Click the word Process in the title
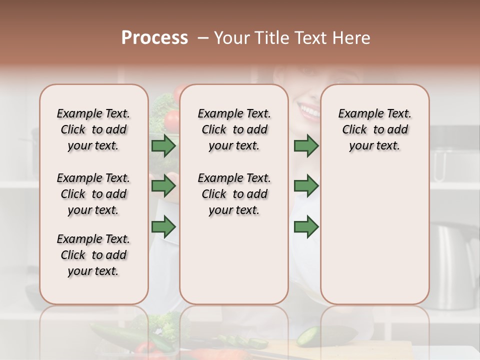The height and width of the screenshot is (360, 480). [x=154, y=38]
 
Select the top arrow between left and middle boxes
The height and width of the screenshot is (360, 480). [x=163, y=146]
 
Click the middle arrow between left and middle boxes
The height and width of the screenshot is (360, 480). [x=163, y=186]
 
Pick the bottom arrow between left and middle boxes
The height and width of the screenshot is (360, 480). [x=163, y=227]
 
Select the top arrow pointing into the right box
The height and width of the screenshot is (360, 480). [x=306, y=146]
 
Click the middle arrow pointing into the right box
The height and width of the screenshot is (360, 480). [x=306, y=186]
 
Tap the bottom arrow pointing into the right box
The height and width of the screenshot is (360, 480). [x=306, y=227]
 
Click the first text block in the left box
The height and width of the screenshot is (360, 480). [x=93, y=129]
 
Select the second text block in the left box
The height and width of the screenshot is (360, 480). [x=93, y=194]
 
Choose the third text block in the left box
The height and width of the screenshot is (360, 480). [x=93, y=255]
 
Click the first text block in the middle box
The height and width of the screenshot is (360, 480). [x=234, y=129]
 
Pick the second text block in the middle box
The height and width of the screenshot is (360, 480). [x=234, y=194]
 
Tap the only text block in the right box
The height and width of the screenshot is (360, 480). [x=374, y=129]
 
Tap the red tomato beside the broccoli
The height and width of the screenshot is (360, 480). [x=171, y=120]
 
